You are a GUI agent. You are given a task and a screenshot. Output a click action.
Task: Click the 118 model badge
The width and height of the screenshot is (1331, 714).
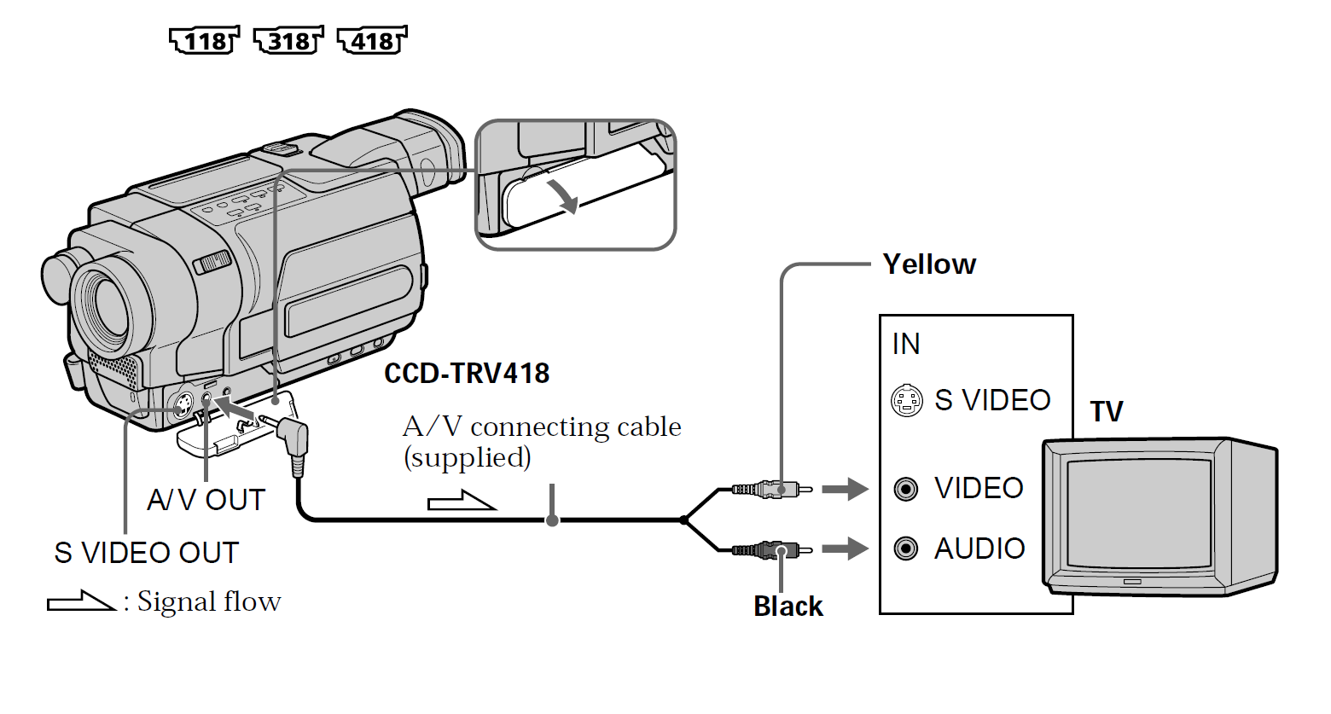pos(205,40)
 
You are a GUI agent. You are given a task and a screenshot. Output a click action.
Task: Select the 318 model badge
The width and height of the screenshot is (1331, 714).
pos(289,40)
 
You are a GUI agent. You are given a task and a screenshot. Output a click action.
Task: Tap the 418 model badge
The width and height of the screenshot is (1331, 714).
pos(373,40)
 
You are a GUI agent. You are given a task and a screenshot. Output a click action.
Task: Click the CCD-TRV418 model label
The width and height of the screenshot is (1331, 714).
pos(467,374)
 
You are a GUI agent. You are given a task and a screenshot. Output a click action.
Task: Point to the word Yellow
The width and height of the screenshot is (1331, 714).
pos(929,264)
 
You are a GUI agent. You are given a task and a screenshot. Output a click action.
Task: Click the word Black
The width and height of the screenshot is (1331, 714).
pos(788,607)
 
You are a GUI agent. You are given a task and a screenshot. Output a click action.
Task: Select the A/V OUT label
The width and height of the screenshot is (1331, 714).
pos(206,500)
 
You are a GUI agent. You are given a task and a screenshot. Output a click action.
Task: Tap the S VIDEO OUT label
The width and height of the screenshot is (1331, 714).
pos(146,553)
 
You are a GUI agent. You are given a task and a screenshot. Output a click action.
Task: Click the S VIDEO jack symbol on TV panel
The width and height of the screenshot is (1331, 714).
pos(906,400)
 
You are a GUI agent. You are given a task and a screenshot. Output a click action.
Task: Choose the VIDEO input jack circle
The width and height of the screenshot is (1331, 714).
pos(905,489)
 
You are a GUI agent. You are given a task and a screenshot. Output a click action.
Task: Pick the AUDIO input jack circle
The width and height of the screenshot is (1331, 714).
pos(905,548)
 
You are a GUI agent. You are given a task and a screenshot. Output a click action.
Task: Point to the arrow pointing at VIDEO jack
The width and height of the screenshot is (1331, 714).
pos(845,489)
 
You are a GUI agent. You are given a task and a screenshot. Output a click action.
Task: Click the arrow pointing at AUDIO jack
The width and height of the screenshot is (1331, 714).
pos(845,548)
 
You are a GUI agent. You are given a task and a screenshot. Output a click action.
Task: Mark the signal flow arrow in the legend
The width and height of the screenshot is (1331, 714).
pos(81,601)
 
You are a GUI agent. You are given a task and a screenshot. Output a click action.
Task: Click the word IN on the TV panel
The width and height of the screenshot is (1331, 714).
pos(906,344)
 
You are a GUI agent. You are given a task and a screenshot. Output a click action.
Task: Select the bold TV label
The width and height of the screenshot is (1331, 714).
pos(1107,412)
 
